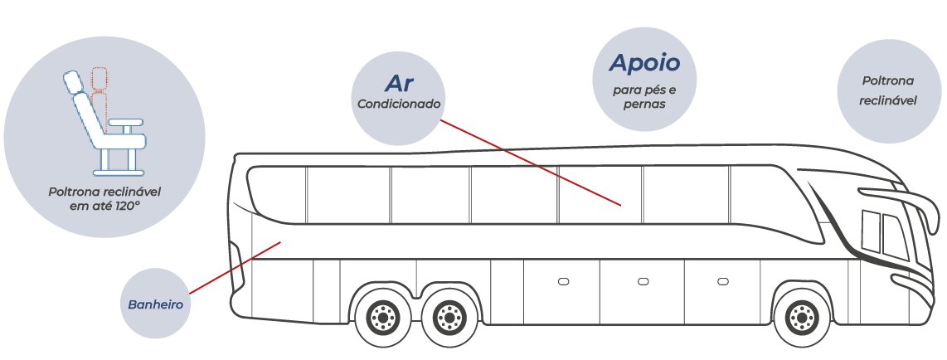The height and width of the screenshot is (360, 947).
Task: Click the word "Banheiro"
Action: [155, 304]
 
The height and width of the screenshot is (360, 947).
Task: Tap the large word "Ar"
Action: [399, 83]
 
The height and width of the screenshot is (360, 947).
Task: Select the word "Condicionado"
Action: [399, 104]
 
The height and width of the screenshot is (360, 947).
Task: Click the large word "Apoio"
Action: [644, 62]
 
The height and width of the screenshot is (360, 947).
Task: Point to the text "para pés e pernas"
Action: [644, 97]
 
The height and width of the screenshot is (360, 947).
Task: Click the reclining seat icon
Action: [104, 123]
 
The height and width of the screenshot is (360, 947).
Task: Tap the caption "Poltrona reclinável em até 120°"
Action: [104, 199]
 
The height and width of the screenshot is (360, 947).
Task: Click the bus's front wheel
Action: [803, 316]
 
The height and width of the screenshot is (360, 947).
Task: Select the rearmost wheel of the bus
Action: [381, 316]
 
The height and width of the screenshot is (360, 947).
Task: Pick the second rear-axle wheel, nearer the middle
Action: [448, 316]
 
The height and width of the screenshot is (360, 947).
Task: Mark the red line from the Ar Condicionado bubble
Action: [531, 163]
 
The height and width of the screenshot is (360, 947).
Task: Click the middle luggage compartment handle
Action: [643, 281]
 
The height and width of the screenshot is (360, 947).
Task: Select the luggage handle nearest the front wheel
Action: [723, 281]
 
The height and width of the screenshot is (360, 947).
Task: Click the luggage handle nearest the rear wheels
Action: [564, 281]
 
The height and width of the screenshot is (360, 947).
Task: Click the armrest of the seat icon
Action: [125, 123]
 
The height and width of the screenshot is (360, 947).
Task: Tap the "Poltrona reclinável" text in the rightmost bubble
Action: [888, 90]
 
